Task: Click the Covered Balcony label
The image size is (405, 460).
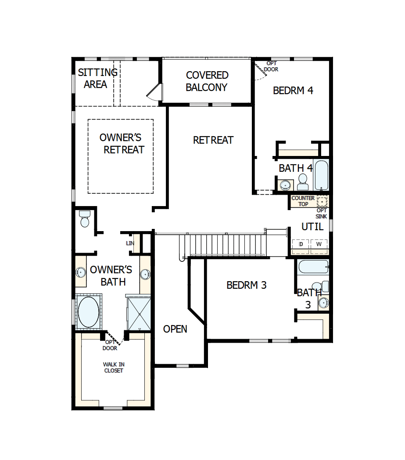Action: pos(207,81)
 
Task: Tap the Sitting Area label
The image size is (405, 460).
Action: pos(97,78)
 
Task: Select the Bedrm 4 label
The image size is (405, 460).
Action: pos(293,91)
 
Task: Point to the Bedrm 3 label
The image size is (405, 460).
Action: pos(246,285)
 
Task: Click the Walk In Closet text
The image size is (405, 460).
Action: pos(113,367)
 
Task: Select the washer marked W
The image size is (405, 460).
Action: pos(319,244)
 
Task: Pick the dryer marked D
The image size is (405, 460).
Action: pos(301,244)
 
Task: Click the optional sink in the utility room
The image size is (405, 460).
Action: pos(322,202)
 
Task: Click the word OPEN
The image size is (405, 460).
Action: pos(175,329)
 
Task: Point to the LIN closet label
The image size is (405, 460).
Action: pos(130,243)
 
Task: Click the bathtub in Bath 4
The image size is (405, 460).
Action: pos(321,175)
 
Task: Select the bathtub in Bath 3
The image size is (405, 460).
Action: pos(312,267)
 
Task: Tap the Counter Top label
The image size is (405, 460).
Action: pos(303,201)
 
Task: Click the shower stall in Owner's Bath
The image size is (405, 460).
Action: pos(138,313)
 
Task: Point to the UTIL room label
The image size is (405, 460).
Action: pos(312,227)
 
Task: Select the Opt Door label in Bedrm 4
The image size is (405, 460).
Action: pos(271,66)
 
